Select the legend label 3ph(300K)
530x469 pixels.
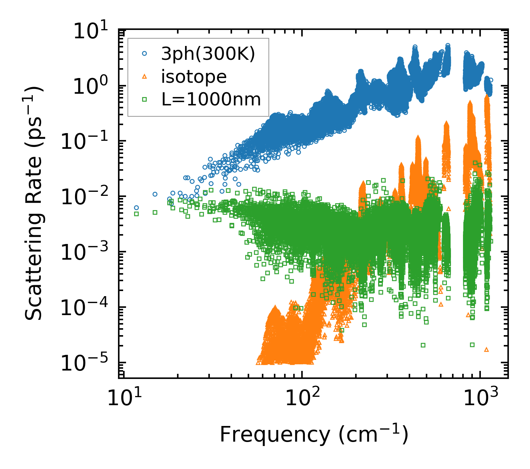pos(208,54)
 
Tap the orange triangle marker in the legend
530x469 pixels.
pos(145,77)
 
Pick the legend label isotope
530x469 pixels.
pos(194,77)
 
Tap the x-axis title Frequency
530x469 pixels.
pos(313,435)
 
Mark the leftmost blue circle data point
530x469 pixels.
pos(136,208)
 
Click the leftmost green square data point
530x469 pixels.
pos(137,214)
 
